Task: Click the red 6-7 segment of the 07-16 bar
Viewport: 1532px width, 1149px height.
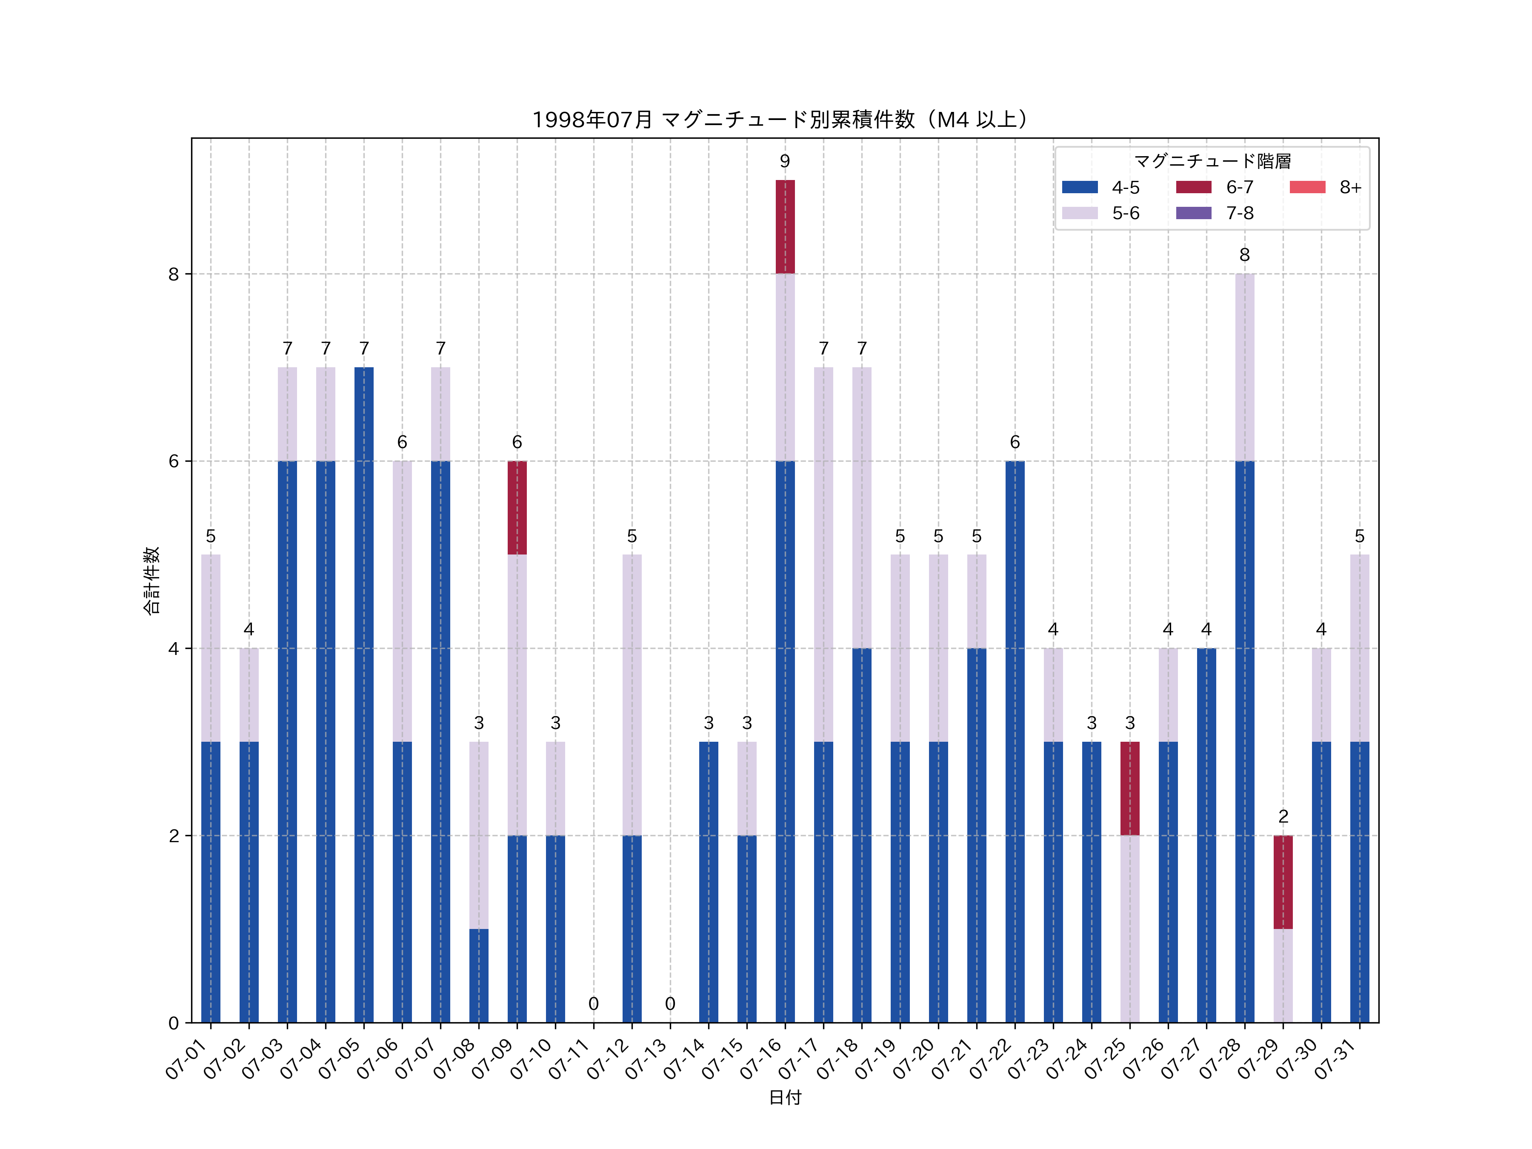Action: [x=785, y=226]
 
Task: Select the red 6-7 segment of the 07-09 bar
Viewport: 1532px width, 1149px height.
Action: [x=517, y=508]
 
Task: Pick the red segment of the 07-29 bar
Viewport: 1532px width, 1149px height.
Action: [x=1283, y=882]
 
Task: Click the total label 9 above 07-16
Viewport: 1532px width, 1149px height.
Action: [x=785, y=161]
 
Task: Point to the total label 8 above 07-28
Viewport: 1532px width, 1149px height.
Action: [x=1245, y=255]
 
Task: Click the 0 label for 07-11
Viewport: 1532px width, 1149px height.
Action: [x=594, y=1003]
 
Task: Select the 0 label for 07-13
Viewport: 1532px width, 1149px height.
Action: [x=670, y=1003]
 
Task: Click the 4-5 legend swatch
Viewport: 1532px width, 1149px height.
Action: [x=1080, y=187]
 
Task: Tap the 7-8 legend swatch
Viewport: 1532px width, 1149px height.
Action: [x=1193, y=213]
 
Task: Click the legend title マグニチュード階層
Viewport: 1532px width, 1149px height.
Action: [x=1212, y=161]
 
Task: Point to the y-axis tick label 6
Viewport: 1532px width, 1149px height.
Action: [x=173, y=461]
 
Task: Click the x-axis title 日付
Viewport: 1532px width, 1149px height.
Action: [x=785, y=1097]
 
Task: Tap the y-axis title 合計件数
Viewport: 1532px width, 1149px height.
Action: [x=151, y=580]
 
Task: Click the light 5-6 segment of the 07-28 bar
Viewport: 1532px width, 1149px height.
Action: [x=1245, y=367]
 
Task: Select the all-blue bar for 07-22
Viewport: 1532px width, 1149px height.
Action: [x=1015, y=741]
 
